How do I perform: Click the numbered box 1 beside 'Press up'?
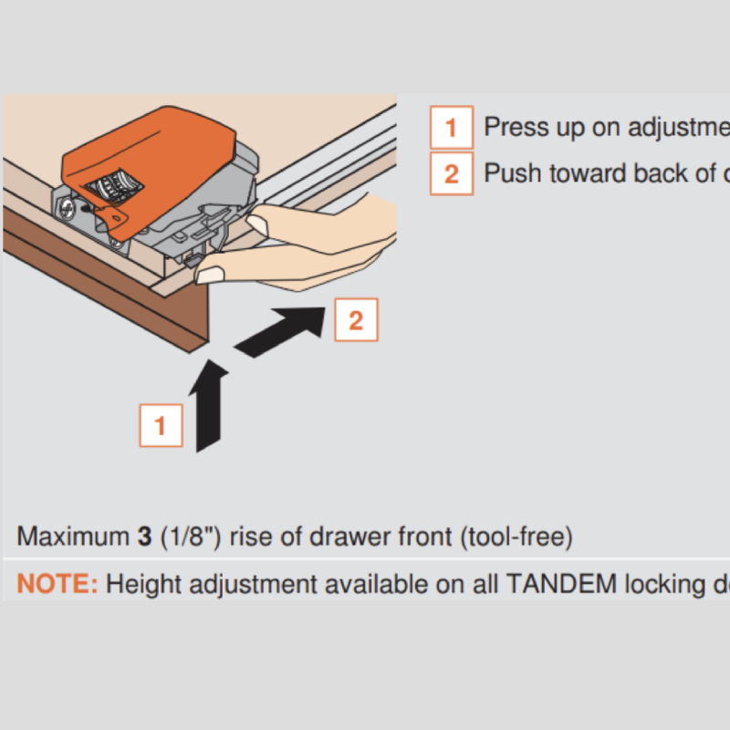click(451, 127)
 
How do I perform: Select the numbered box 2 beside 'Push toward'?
click(451, 173)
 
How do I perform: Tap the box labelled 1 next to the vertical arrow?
click(161, 425)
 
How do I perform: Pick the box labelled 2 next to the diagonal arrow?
click(356, 319)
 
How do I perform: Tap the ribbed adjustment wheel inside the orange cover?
click(113, 182)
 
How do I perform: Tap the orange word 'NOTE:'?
click(57, 584)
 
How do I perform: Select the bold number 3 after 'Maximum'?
click(144, 537)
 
